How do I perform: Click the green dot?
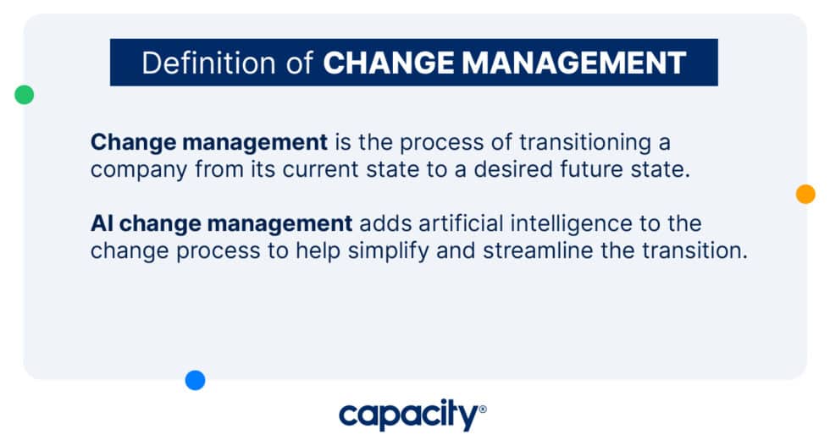[x=25, y=95]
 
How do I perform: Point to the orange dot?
[x=805, y=194]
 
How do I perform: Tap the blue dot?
[x=196, y=381]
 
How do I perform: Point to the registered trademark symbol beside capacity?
[x=483, y=409]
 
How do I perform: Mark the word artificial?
[x=451, y=224]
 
